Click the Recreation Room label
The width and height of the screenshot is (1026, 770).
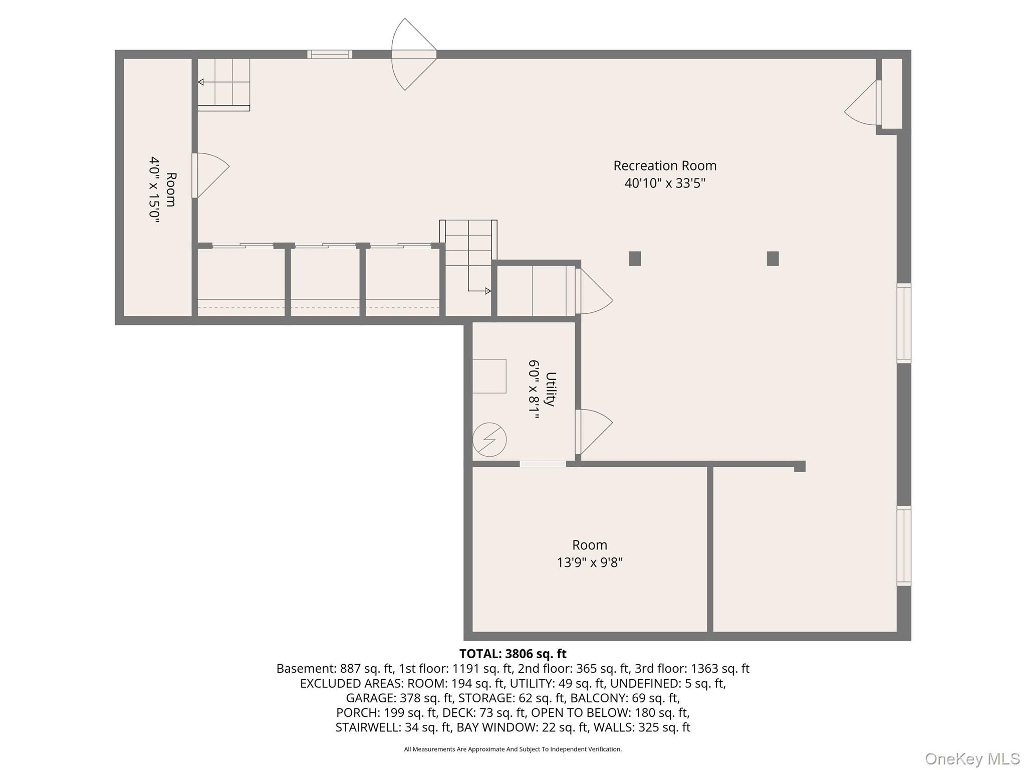[x=665, y=166]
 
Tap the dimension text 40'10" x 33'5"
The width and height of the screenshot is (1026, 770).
[x=665, y=183]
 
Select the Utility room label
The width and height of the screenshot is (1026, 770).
[x=551, y=389]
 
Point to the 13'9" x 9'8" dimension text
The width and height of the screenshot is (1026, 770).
[x=590, y=562]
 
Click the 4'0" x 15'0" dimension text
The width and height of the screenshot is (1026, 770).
[x=154, y=189]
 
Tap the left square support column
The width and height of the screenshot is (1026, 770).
[x=635, y=259]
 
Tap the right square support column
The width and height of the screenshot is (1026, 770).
[x=773, y=259]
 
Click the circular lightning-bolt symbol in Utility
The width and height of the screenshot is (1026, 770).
[x=489, y=440]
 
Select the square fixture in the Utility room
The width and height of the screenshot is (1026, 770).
[x=489, y=376]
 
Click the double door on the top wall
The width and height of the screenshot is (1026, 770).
[x=414, y=55]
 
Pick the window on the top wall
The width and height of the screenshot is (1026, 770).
[x=330, y=54]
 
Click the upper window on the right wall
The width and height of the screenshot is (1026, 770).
[x=904, y=323]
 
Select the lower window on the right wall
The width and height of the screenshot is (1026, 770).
[x=904, y=546]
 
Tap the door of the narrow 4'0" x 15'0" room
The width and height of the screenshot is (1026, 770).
[x=210, y=175]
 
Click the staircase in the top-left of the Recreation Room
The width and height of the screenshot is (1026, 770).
[x=223, y=85]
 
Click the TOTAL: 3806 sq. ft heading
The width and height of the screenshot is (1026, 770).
[x=512, y=654]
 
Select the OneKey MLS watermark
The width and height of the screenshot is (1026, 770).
[x=972, y=758]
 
